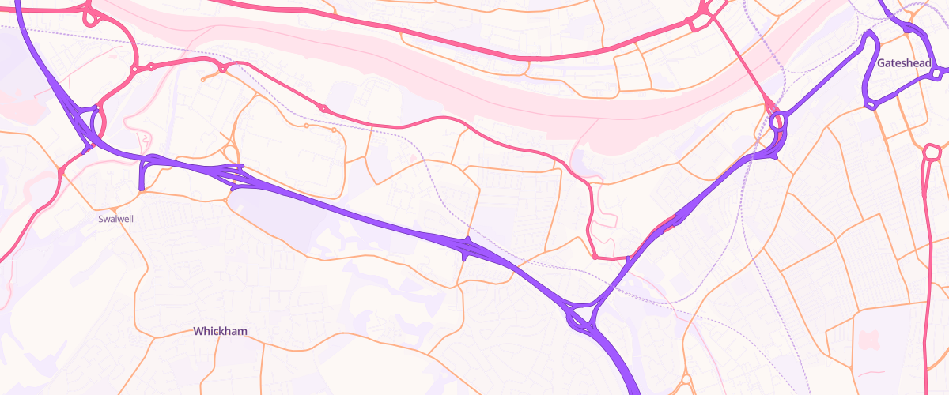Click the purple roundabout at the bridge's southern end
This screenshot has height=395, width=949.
(777, 122)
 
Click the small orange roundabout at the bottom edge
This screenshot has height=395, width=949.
(686, 379)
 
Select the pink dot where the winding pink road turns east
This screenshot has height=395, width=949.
(594, 257)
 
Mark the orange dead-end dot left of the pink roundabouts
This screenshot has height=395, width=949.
(204, 80)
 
